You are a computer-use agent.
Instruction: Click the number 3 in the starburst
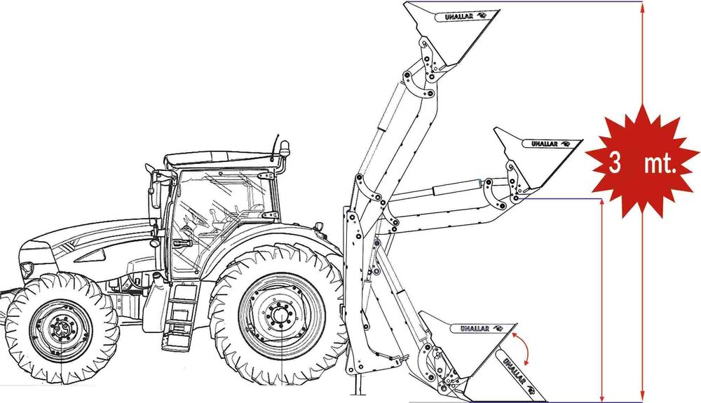click(615, 165)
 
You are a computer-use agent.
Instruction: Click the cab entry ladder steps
click(181, 315)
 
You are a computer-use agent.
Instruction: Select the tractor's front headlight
click(27, 268)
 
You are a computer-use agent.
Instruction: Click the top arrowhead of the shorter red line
click(602, 204)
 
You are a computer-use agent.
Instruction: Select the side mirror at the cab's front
click(154, 193)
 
